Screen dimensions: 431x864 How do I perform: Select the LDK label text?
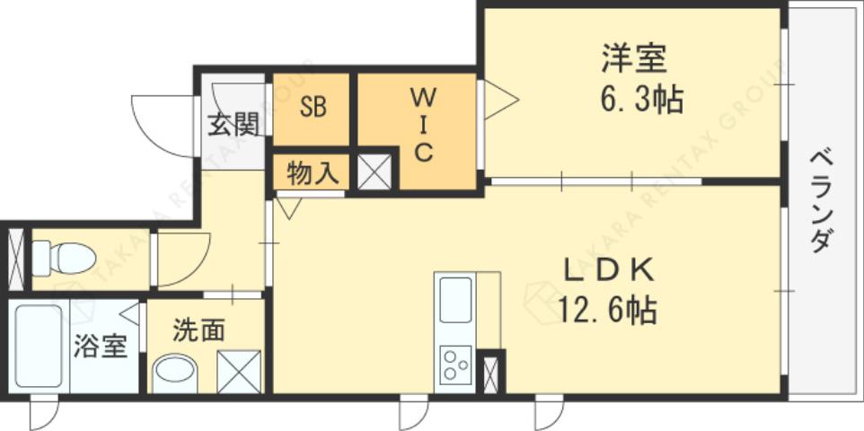point(606,268)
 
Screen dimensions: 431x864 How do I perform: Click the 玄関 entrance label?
point(233,125)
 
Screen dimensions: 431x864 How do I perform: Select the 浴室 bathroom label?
point(100,347)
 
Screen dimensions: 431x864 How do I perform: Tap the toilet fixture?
point(65,259)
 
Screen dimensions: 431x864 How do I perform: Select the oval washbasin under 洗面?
point(176,372)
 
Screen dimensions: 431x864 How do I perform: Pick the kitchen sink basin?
point(455,300)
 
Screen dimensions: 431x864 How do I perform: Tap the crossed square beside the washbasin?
point(239,372)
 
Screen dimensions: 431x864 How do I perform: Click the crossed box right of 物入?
point(375,172)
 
